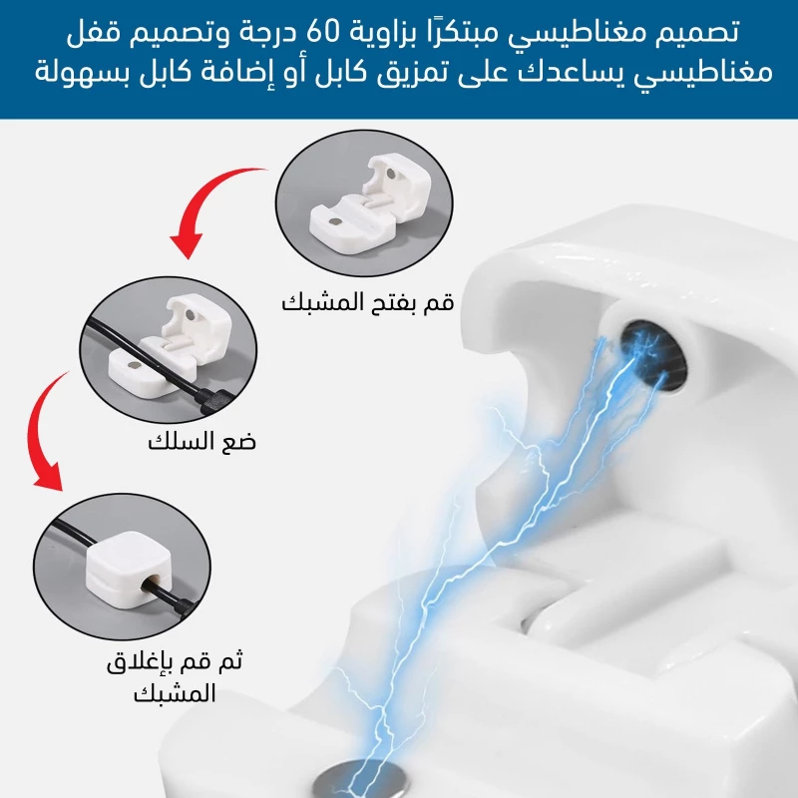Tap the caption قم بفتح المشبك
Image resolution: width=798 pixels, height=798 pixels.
(x=367, y=303)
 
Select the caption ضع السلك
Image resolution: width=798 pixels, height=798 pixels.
(x=202, y=441)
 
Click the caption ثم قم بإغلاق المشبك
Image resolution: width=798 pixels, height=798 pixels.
(x=175, y=677)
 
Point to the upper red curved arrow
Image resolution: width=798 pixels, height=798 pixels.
(x=203, y=199)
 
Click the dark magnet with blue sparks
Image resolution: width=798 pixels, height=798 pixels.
(x=653, y=355)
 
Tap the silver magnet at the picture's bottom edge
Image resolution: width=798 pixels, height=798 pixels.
(x=360, y=781)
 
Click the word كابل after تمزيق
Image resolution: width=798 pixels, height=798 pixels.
(x=333, y=72)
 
